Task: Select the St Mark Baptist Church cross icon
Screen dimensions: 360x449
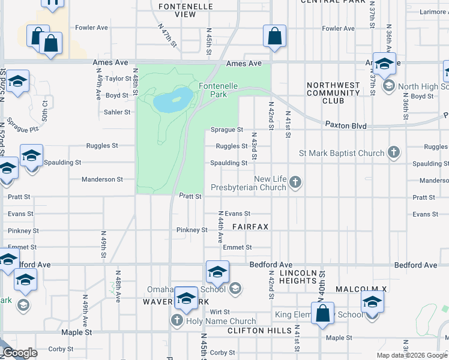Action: point(394,152)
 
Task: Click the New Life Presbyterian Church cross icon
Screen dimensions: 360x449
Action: point(295,181)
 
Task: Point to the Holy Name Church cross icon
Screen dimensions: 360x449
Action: point(176,320)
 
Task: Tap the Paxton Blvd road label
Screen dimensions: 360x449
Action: point(346,126)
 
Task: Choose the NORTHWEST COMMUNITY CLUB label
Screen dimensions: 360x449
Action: point(333,93)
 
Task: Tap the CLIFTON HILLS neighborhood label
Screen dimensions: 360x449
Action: point(251,331)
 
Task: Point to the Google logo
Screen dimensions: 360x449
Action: point(20,353)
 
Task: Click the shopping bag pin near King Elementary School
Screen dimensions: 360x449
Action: point(323,313)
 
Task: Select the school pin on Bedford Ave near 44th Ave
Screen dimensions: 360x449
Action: point(217,272)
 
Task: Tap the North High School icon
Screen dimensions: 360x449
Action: point(388,86)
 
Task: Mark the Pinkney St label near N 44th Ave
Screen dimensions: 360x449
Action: point(191,230)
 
